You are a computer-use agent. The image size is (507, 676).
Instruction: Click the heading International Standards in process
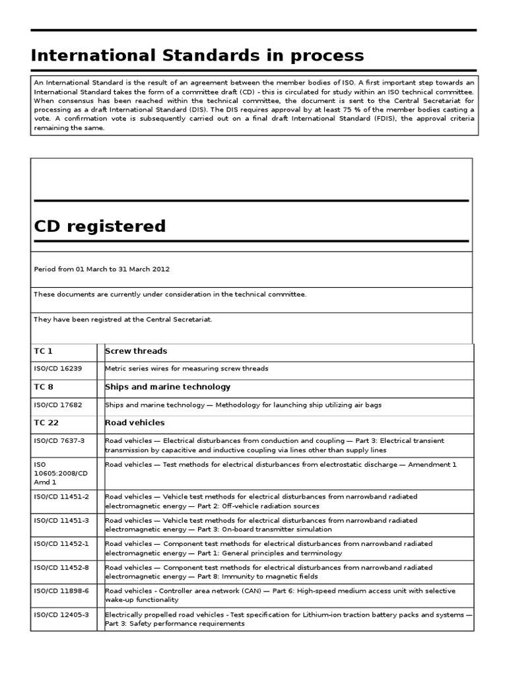[197, 55]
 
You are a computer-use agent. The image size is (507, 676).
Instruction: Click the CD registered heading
[100, 226]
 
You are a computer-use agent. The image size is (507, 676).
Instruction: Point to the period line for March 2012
[102, 269]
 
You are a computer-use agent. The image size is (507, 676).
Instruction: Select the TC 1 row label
[43, 351]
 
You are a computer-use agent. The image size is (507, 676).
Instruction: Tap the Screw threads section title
[136, 351]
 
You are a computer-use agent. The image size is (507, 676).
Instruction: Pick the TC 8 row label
[43, 387]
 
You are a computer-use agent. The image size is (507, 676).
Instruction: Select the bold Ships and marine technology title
[168, 387]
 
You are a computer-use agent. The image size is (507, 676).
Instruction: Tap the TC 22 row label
[46, 422]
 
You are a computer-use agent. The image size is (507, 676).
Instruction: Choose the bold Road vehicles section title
[135, 422]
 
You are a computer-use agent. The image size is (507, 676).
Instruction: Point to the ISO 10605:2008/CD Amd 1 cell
[61, 473]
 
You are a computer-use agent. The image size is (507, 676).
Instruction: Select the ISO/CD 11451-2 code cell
[61, 496]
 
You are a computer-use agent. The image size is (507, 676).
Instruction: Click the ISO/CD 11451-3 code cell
[61, 520]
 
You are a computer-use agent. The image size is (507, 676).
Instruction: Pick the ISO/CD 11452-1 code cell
[61, 544]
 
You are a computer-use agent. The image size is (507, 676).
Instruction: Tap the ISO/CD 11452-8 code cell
[61, 568]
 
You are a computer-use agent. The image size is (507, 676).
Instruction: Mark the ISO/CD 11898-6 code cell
[61, 591]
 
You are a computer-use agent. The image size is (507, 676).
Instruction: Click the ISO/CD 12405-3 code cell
[61, 615]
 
